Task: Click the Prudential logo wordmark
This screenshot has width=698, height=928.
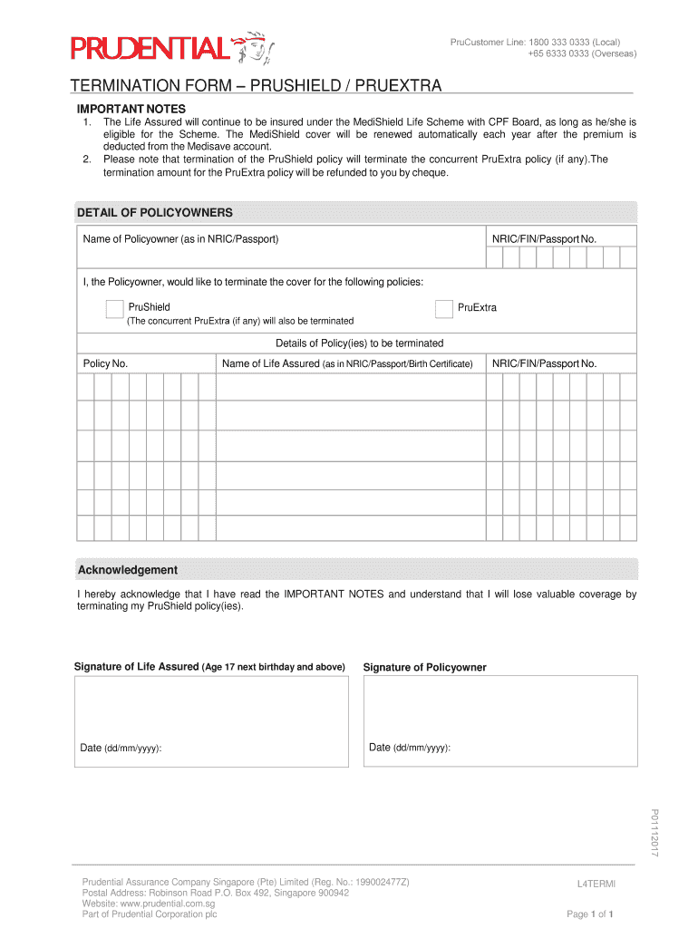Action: (x=150, y=47)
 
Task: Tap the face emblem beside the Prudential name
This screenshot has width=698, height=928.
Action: (x=255, y=48)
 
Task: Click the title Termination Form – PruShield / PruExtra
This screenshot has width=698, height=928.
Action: (x=257, y=86)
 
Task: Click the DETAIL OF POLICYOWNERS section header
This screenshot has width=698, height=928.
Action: (x=155, y=213)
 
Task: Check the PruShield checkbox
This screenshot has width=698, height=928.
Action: (x=114, y=309)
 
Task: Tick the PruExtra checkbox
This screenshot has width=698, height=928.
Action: (x=443, y=309)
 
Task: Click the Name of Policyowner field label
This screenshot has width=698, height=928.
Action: (x=180, y=239)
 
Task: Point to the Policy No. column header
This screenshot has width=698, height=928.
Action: (x=105, y=363)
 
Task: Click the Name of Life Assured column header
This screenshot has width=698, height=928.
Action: (x=347, y=363)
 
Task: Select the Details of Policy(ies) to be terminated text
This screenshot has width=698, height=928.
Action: (x=359, y=343)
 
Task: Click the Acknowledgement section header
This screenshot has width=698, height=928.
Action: (x=127, y=570)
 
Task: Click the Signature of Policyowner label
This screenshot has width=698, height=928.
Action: (x=424, y=668)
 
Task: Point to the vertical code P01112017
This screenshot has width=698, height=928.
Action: (x=654, y=833)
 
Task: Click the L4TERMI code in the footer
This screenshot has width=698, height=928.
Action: (x=596, y=883)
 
